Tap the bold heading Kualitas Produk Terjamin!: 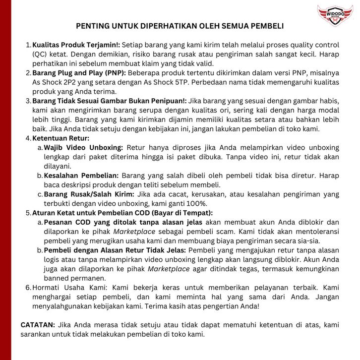pyautogui.click(x=76, y=45)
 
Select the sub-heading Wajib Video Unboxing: pyautogui.click(x=83, y=147)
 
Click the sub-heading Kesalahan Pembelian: pyautogui.click(x=81, y=176)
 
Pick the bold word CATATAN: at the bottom pyautogui.click(x=38, y=325)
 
